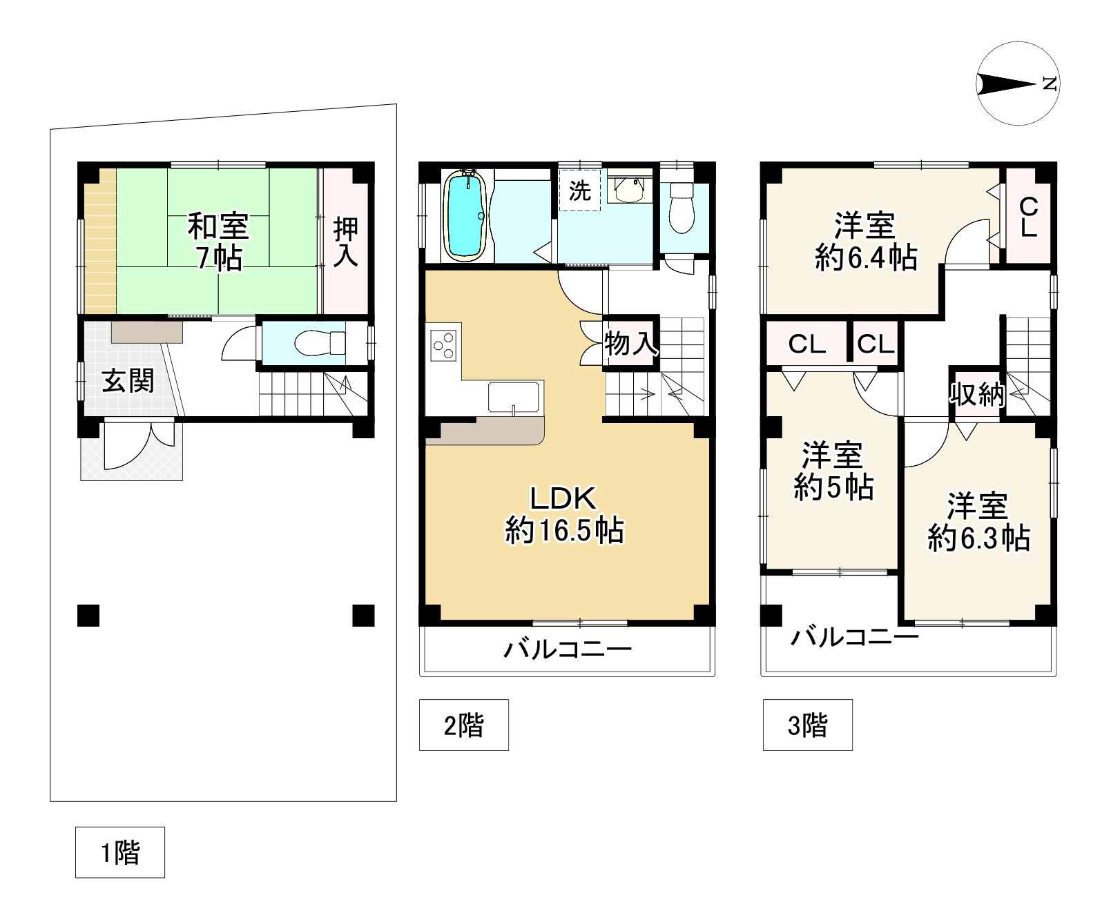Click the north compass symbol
(1018, 84)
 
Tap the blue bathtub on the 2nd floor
(465, 215)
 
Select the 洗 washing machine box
(579, 190)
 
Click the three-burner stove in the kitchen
(443, 344)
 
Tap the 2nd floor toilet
(682, 206)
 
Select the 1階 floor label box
(120, 852)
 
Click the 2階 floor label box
(464, 725)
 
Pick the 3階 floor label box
(808, 725)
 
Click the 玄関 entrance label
(128, 381)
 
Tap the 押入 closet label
(345, 242)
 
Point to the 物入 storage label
(631, 343)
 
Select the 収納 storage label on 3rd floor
(976, 394)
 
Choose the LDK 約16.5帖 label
(565, 515)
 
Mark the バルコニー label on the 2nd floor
(568, 649)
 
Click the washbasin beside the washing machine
(628, 190)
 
